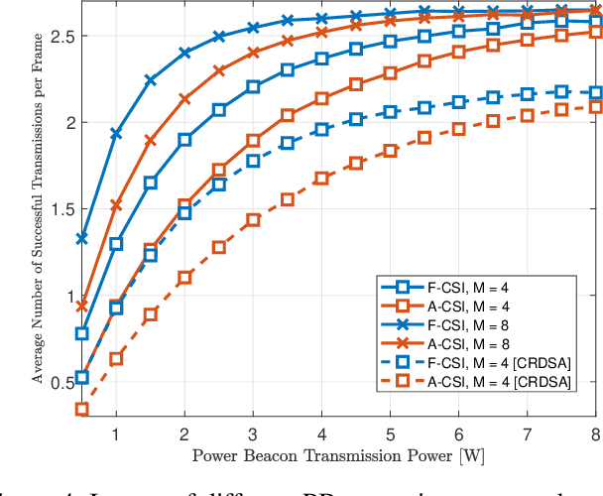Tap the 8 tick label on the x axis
pyautogui.click(x=595, y=434)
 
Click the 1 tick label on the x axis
pyautogui.click(x=116, y=434)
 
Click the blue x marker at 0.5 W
pyautogui.click(x=82, y=238)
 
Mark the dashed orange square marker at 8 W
pyautogui.click(x=595, y=107)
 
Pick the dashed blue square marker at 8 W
pyautogui.click(x=595, y=92)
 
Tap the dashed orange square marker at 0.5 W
pyautogui.click(x=82, y=409)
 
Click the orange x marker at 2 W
pyautogui.click(x=184, y=99)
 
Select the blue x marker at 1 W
pyautogui.click(x=116, y=133)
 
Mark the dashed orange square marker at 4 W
pyautogui.click(x=321, y=179)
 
